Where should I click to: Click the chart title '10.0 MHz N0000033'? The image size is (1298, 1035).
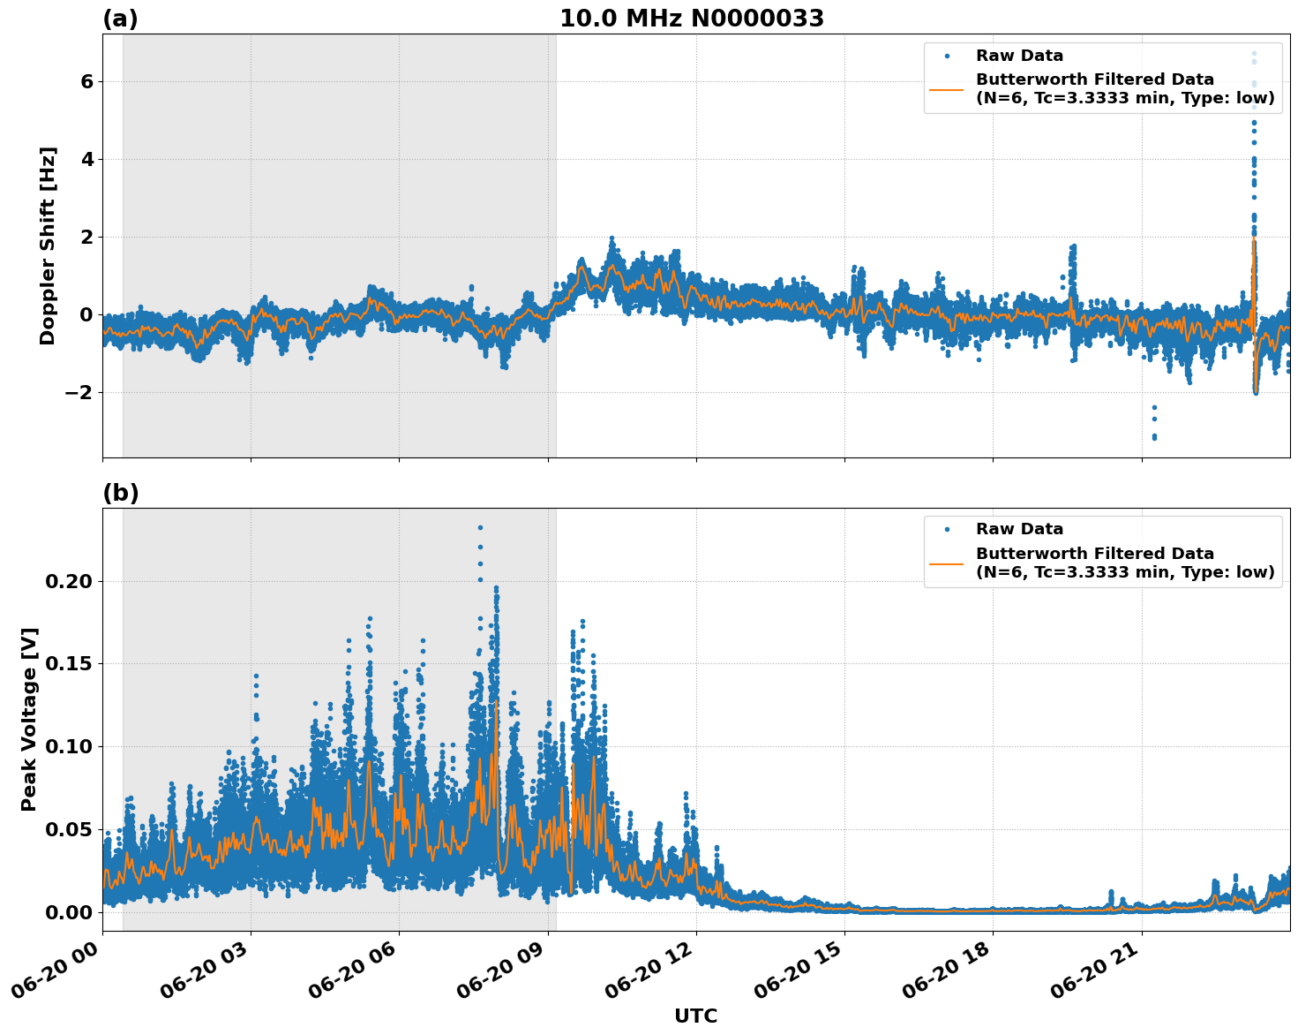click(691, 19)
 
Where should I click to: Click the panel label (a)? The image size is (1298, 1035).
click(120, 19)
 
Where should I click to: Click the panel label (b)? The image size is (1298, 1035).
click(120, 493)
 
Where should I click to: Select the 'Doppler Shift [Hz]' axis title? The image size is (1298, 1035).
click(48, 246)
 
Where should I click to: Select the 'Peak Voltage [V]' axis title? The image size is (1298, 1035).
click(29, 719)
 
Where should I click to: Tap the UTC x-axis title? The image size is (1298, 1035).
click(695, 1016)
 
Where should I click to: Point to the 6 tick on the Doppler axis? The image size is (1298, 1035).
click(86, 81)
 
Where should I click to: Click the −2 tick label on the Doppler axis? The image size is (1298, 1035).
click(79, 392)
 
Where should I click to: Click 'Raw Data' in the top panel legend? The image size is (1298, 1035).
click(1019, 56)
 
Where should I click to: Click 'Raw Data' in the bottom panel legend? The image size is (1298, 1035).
click(1019, 529)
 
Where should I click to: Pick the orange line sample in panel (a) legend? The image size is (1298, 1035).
click(947, 89)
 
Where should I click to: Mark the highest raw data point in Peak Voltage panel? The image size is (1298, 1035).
click(480, 527)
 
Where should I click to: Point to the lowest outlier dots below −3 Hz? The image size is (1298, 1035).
click(1154, 437)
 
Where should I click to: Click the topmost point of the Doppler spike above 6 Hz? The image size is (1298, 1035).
click(1254, 53)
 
